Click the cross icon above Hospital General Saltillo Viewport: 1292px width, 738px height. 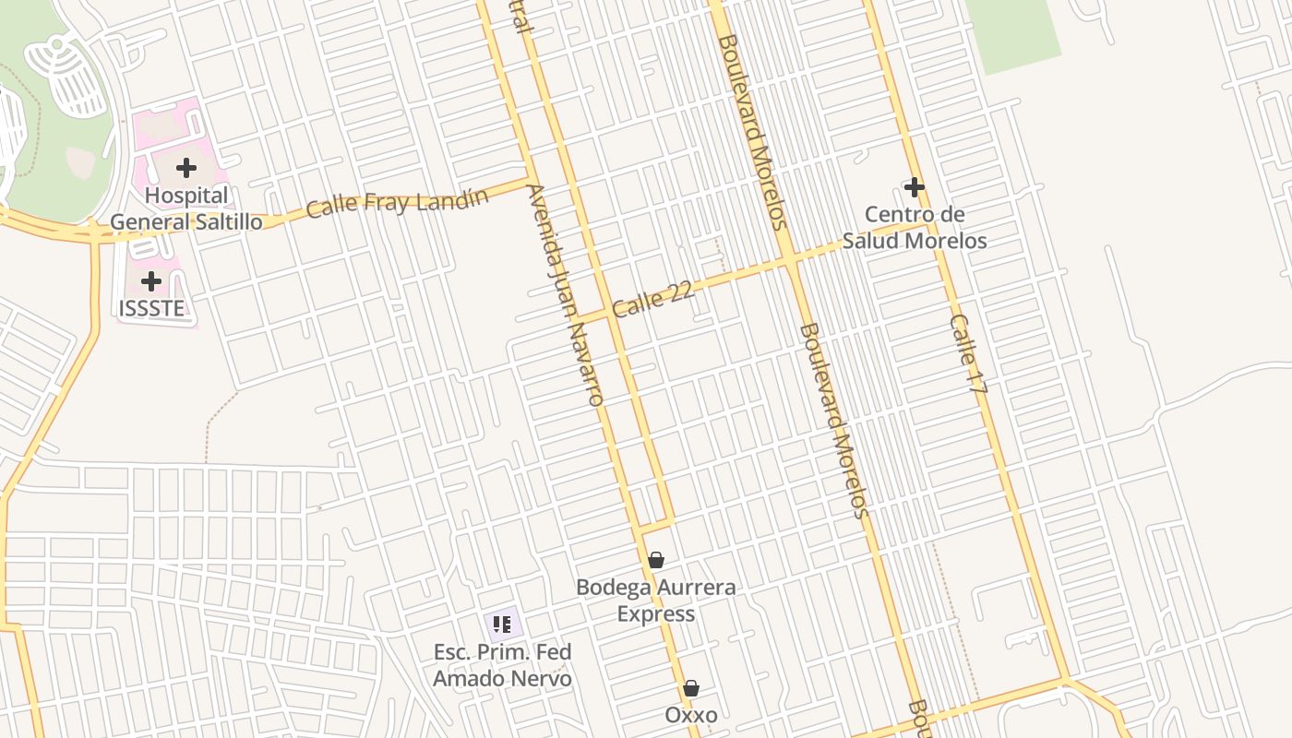click(186, 168)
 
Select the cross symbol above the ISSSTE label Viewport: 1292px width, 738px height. click(151, 281)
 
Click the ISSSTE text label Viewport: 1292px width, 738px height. click(152, 308)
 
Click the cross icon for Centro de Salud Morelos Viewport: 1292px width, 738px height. click(914, 187)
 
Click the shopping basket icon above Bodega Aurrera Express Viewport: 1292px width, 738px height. click(655, 560)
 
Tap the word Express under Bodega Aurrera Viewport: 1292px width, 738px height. click(655, 614)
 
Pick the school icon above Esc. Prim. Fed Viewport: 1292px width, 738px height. click(502, 625)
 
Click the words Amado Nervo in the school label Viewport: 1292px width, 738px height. click(502, 679)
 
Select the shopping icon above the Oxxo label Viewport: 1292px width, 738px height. click(690, 688)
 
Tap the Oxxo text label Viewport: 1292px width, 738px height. click(690, 715)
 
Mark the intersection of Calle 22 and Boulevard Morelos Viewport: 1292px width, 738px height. click(791, 261)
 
